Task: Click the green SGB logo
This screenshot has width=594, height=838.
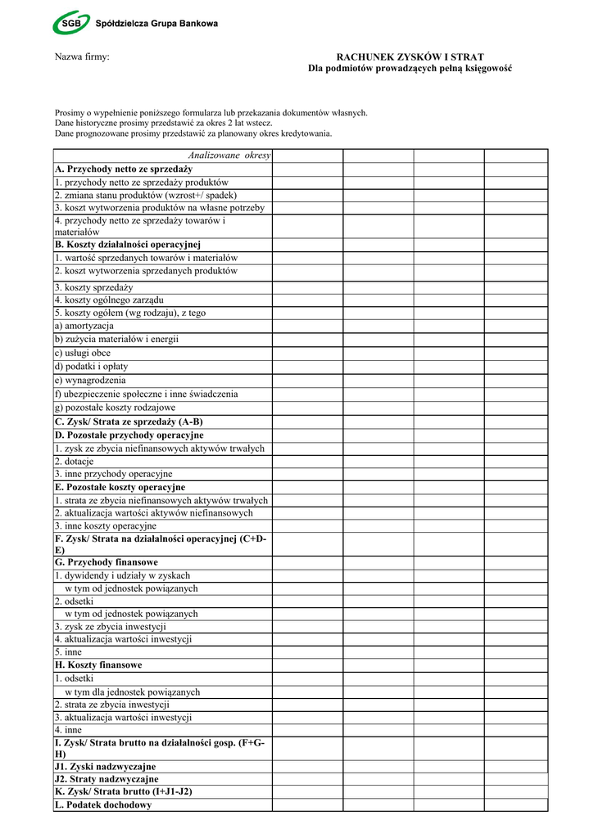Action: (x=73, y=24)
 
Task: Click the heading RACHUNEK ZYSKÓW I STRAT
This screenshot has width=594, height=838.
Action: (x=410, y=57)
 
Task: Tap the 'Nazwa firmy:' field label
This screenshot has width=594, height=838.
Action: (x=82, y=57)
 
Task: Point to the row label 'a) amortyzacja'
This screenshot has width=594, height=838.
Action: (x=84, y=326)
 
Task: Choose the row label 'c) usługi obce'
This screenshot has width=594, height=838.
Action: (x=83, y=353)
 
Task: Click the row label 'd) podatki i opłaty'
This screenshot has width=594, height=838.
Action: (x=92, y=367)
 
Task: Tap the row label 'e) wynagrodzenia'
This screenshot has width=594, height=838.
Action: (x=90, y=381)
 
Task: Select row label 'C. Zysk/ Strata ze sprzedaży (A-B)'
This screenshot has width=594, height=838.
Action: (x=129, y=421)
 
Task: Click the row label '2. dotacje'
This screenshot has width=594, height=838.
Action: (x=75, y=462)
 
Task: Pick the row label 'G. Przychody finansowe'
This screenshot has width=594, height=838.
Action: (x=107, y=563)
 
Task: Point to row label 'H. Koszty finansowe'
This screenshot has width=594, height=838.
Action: (x=98, y=665)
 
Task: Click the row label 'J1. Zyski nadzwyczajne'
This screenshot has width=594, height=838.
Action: (x=105, y=767)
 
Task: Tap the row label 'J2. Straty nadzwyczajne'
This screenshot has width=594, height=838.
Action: (x=107, y=780)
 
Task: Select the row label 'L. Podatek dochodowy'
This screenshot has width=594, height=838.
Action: (x=103, y=805)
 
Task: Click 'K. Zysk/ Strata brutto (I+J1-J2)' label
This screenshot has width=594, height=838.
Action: (x=124, y=792)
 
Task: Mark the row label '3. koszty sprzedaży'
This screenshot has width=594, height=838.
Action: (x=93, y=287)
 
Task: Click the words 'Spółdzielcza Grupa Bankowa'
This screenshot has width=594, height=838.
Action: (x=156, y=24)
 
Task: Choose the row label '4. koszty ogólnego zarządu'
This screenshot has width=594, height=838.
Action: (x=109, y=300)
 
